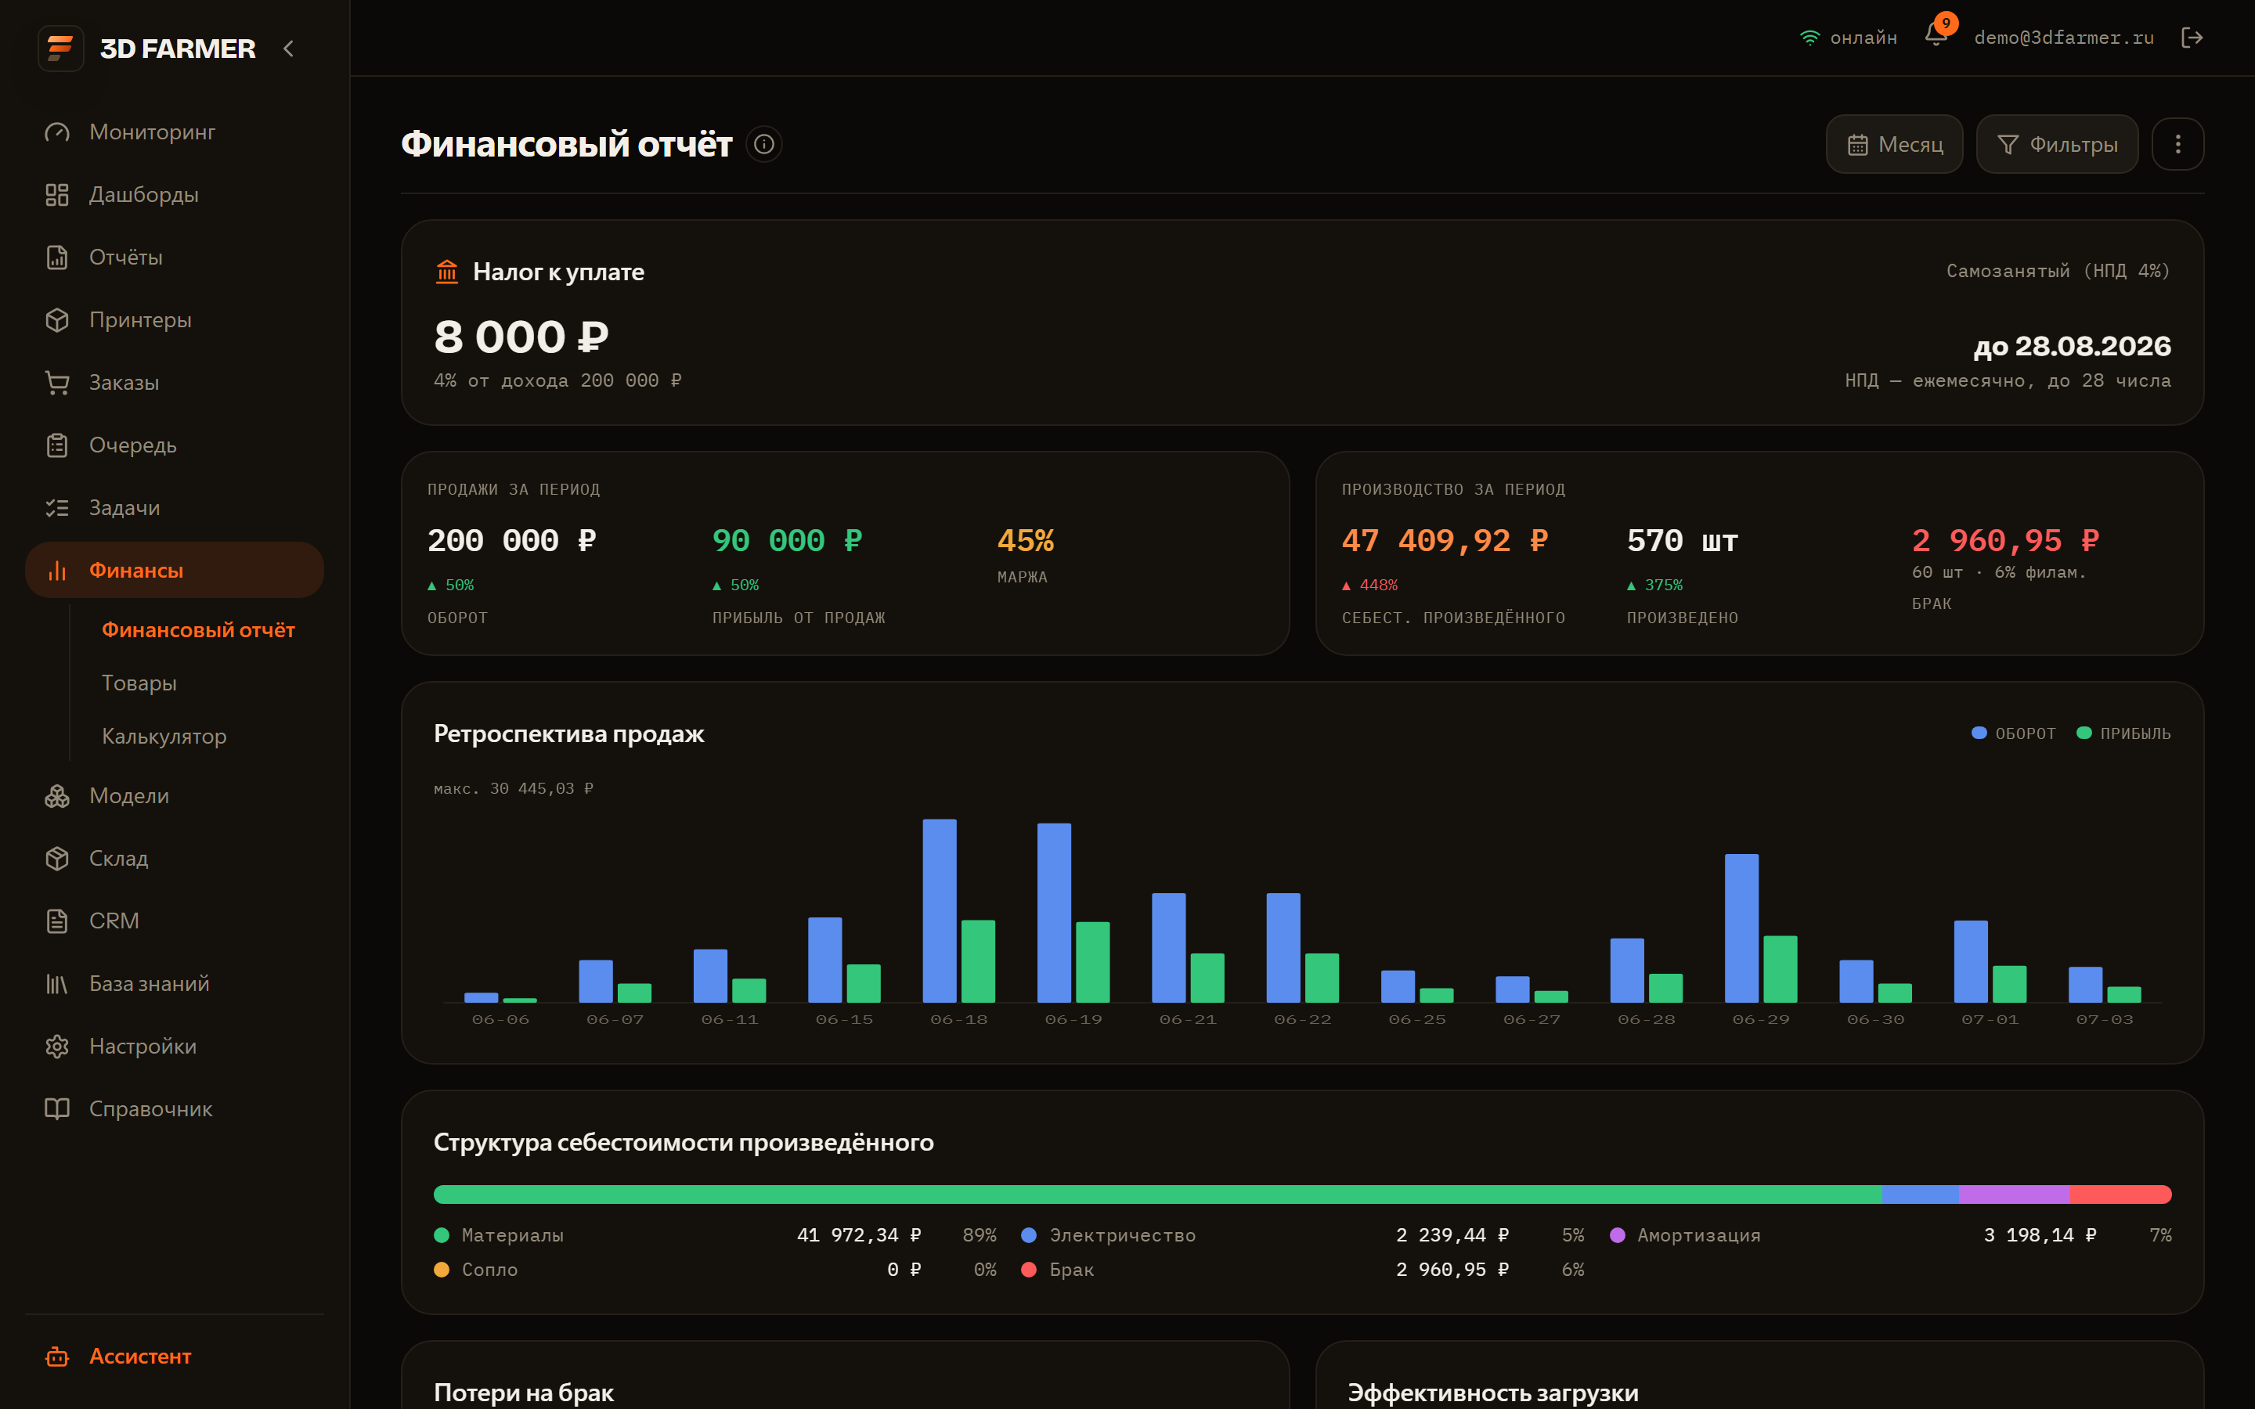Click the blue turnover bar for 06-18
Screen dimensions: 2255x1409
940,910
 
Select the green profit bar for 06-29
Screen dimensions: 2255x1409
1780,969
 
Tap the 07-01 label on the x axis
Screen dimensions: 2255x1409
1990,1019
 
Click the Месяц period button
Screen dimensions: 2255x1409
1894,145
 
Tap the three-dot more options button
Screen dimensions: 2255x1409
2177,145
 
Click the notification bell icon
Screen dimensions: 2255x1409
1936,35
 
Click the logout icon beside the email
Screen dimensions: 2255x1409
2192,38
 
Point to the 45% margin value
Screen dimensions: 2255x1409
1025,540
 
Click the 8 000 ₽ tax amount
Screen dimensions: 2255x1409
521,337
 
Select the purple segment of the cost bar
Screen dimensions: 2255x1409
2014,1195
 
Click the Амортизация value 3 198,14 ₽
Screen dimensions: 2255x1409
2040,1234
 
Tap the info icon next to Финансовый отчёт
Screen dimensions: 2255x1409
764,145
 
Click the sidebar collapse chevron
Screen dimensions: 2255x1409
288,49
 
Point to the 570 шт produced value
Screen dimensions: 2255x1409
1682,540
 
